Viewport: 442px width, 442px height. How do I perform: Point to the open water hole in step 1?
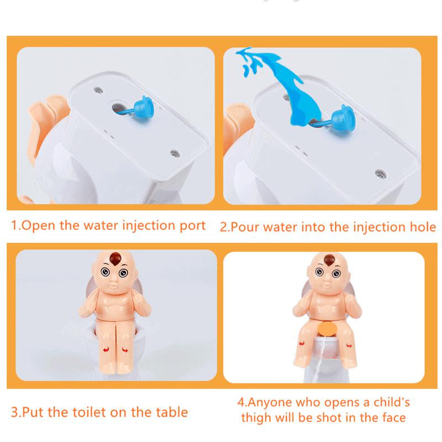click(119, 108)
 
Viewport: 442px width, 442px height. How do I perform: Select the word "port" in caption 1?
click(193, 227)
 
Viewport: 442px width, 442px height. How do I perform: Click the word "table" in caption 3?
click(172, 412)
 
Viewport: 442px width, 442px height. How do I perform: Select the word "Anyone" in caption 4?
click(270, 402)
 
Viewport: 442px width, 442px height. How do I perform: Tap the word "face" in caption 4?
click(394, 418)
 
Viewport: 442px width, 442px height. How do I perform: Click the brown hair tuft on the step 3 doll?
click(115, 258)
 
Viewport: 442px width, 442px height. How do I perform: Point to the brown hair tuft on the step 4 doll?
click(329, 259)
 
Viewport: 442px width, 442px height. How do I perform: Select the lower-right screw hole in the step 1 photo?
click(175, 154)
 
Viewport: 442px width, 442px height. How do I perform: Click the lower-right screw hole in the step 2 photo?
click(380, 173)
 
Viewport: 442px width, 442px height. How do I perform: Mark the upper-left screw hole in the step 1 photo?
click(98, 91)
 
